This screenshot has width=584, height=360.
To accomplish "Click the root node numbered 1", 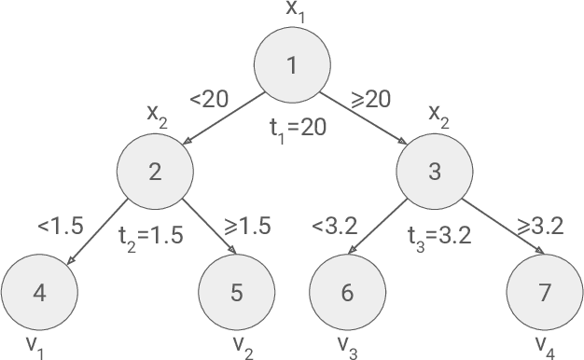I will (292, 66).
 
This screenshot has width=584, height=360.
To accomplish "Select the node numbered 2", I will (155, 172).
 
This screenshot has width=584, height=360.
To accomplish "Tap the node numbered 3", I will (435, 172).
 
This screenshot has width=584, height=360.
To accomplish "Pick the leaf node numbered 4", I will (39, 292).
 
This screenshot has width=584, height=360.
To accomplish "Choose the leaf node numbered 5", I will (236, 292).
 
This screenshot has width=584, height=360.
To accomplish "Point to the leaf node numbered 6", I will (347, 292).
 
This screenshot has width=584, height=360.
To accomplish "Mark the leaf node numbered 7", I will (544, 292).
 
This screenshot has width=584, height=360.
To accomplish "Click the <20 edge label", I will (209, 99).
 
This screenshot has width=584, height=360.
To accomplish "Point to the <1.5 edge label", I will (61, 225).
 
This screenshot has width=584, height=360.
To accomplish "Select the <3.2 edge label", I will (334, 225).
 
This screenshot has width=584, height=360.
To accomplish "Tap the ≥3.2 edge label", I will (541, 225).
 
